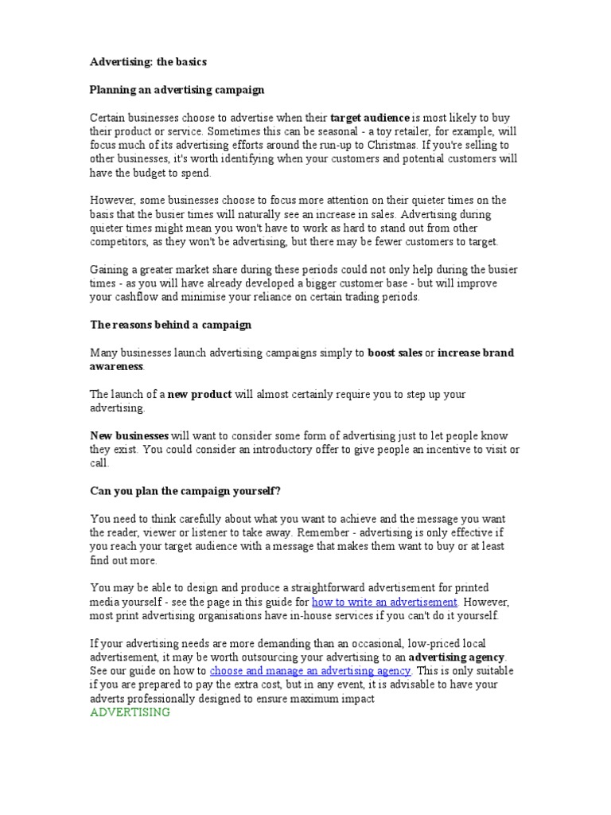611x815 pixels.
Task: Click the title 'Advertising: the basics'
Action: click(148, 62)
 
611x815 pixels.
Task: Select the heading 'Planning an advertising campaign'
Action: click(177, 90)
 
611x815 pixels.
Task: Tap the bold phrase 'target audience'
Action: click(369, 118)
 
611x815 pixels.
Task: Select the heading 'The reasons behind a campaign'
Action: click(170, 325)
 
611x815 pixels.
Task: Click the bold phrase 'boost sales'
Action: click(395, 353)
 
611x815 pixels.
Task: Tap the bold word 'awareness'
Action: click(116, 366)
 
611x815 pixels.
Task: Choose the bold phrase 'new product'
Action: click(200, 394)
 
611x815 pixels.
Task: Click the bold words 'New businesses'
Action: click(129, 435)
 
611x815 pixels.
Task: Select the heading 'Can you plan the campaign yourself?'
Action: click(185, 491)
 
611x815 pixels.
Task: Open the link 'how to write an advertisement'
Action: click(384, 602)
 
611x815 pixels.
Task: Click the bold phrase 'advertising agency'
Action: click(457, 657)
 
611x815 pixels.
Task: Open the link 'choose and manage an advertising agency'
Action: click(309, 671)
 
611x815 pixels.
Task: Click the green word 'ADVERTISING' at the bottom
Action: click(130, 712)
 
